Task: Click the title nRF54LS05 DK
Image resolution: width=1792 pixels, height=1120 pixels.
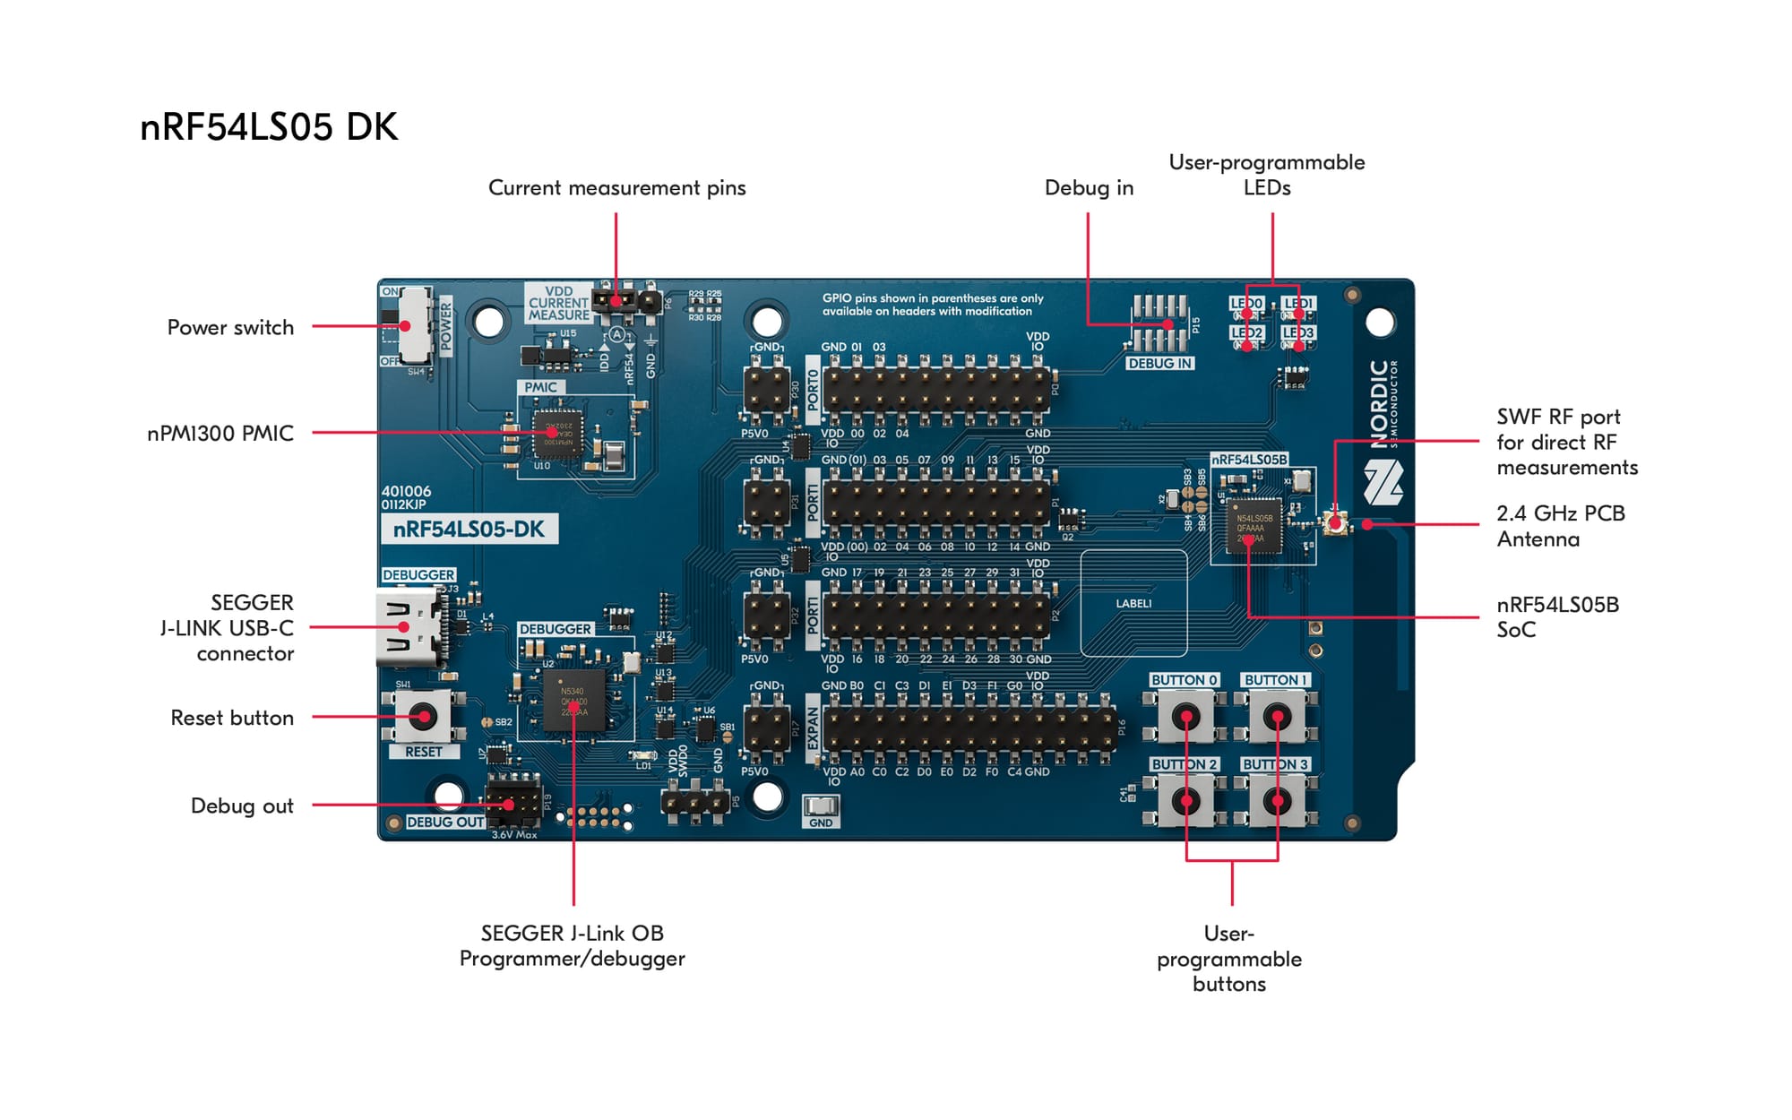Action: (269, 127)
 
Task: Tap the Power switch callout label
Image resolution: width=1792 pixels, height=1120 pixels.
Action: (230, 327)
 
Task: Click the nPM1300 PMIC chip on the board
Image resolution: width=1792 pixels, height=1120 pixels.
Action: (557, 435)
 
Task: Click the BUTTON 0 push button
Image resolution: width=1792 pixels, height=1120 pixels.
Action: (1185, 717)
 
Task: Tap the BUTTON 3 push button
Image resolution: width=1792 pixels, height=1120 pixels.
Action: (1277, 800)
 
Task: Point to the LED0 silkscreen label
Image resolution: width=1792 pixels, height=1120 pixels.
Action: (1246, 303)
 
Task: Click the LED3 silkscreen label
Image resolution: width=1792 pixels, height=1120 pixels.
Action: (1297, 332)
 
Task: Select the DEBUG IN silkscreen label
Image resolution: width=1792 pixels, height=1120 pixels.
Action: (1159, 364)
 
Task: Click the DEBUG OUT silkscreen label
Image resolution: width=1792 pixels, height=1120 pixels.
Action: (445, 822)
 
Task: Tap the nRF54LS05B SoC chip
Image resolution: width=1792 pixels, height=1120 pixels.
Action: (1253, 527)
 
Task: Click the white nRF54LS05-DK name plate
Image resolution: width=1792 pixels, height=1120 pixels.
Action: (469, 529)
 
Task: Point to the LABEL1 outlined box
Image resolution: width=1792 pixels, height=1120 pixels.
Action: (1133, 603)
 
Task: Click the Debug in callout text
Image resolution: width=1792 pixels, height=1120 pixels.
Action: (1089, 187)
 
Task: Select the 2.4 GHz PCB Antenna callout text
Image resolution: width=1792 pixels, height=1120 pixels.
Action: (1559, 526)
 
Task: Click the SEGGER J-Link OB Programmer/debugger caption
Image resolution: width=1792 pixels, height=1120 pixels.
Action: (572, 945)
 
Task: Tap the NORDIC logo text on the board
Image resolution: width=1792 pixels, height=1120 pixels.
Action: (1380, 403)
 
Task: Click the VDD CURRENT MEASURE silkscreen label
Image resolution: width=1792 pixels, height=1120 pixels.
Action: (558, 303)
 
